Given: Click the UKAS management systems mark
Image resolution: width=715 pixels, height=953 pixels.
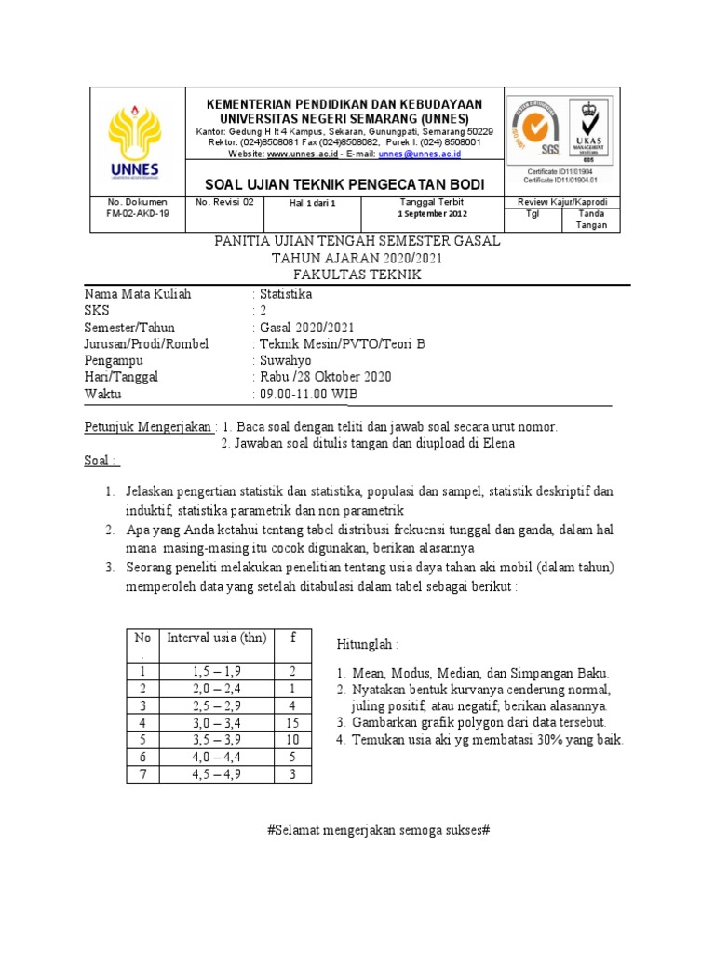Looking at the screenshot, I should point(588,130).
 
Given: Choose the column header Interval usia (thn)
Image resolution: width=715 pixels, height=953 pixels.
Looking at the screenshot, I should point(216,638).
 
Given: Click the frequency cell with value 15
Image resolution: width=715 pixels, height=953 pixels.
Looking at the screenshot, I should point(291,722).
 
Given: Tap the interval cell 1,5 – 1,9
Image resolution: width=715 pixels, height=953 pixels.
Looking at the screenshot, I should point(216,672).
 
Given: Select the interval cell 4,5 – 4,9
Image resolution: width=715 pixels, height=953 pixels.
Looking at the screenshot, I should point(216,773).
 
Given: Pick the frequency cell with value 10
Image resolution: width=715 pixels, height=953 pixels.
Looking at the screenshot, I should point(291,739).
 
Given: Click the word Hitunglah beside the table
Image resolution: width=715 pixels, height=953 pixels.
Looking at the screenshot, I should point(367,645).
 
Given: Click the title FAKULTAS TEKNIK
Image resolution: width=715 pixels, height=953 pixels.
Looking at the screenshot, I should point(357,275).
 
